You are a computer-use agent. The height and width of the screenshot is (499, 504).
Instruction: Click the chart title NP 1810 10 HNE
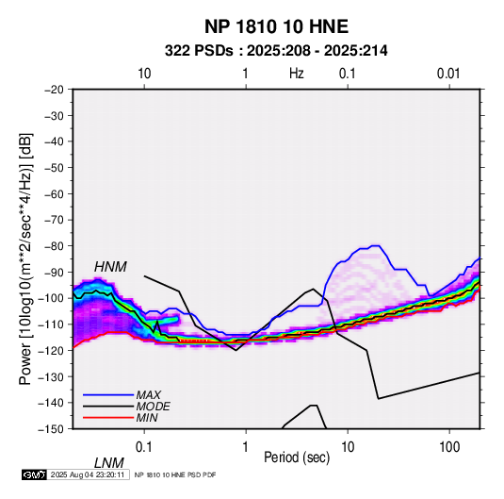[276, 26]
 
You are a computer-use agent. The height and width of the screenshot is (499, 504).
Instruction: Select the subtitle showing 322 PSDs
[276, 51]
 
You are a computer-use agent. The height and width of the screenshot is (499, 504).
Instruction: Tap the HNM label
[110, 267]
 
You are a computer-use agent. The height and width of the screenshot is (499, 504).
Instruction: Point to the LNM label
[109, 463]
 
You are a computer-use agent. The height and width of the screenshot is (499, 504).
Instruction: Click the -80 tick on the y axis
[55, 246]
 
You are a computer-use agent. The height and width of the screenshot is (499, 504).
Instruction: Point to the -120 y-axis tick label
[52, 350]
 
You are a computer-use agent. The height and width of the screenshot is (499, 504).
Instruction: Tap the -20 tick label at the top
[55, 90]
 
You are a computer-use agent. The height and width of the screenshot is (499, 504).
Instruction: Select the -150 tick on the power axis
[52, 429]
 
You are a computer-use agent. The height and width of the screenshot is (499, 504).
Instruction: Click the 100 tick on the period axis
[449, 447]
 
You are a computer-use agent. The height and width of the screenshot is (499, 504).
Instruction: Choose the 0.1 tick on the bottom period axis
[144, 447]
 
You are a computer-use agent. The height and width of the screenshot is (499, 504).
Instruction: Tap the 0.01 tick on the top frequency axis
[448, 74]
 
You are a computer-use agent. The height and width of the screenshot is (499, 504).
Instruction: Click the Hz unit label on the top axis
[297, 74]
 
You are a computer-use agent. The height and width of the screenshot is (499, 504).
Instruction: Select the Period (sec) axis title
[297, 457]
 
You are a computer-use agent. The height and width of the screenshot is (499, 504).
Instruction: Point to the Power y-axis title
[25, 258]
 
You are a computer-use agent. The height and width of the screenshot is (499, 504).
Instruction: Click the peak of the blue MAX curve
[376, 246]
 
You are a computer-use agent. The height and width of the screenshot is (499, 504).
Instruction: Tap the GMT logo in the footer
[34, 474]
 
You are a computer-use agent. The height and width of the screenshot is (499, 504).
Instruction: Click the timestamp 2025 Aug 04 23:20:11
[88, 474]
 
